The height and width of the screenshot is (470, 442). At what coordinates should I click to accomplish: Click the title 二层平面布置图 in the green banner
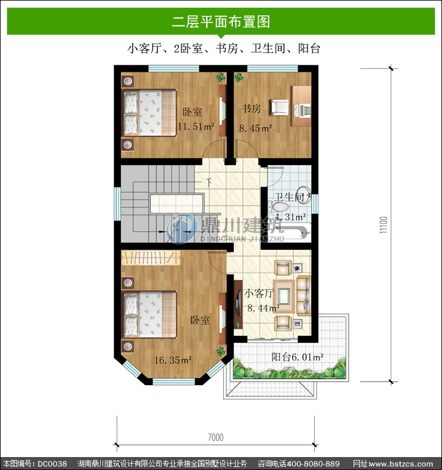coord(221,22)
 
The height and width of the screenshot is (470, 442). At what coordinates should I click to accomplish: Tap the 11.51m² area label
coord(196,127)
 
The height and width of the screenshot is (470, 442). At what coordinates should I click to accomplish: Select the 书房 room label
coord(251,108)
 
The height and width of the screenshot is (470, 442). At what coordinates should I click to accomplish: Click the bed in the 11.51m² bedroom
coord(150,112)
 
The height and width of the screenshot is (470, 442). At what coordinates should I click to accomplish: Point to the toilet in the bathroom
coord(279,207)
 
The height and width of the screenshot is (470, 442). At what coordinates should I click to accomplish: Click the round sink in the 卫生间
coord(304,195)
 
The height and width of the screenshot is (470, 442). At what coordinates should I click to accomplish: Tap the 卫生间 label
coord(289,197)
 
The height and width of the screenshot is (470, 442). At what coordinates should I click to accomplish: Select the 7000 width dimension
coord(216,438)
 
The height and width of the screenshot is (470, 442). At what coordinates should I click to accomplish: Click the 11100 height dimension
coord(384,225)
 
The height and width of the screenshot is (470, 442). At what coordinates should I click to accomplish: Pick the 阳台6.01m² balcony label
coord(297,357)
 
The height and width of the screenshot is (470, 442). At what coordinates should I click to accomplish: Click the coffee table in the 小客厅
coord(283,296)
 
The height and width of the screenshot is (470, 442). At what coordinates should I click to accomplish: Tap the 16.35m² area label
coord(173,360)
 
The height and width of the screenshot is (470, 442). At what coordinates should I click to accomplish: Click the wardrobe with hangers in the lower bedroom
coord(151,258)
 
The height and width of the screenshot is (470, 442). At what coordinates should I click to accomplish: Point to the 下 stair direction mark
coord(209,181)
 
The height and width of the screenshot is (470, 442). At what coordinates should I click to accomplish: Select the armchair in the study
coord(280,107)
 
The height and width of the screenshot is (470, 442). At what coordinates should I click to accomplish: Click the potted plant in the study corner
coord(239,77)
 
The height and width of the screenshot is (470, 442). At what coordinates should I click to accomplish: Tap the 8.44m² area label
coord(263,308)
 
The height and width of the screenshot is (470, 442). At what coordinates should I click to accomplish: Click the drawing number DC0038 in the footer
coord(52,464)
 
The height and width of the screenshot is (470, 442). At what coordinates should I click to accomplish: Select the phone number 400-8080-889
coord(313,464)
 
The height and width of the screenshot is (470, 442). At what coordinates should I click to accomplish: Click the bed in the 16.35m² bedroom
coord(150,314)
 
